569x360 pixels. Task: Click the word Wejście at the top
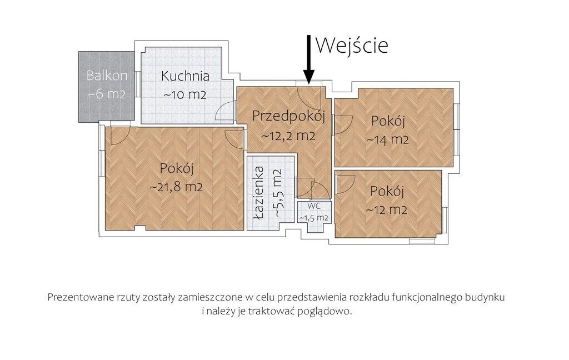pos(352,46)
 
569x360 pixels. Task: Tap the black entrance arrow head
pos(308,76)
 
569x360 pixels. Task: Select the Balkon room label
pos(107,76)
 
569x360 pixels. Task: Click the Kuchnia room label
pos(185,76)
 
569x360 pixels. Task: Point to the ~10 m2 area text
pos(185,94)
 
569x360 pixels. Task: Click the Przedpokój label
pos(288,117)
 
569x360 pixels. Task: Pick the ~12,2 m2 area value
pos(288,136)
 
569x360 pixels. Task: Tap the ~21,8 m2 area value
pos(176,187)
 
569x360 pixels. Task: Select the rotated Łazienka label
pos(259,193)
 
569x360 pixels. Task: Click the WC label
pos(314,206)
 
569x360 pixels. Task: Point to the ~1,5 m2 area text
pos(313,218)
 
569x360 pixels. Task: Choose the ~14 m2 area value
pos(387,139)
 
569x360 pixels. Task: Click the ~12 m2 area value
pos(387,210)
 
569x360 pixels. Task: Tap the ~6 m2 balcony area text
pos(107,94)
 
